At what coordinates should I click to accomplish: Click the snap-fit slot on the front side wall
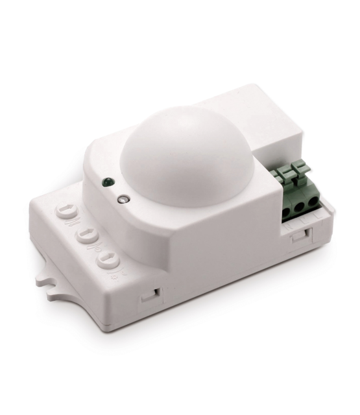[x=150, y=294]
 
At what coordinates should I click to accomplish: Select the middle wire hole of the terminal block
[x=300, y=206]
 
